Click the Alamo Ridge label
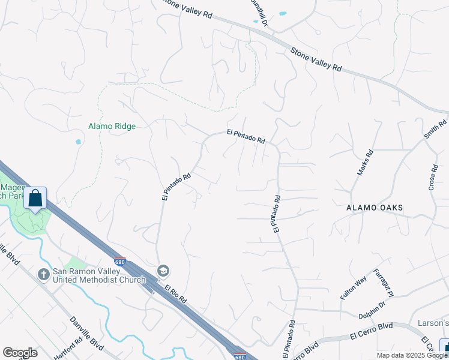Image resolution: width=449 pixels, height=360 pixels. pyautogui.click(x=112, y=126)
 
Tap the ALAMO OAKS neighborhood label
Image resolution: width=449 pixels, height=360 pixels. pyautogui.click(x=374, y=208)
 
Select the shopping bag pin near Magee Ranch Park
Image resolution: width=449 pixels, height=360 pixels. pyautogui.click(x=35, y=199)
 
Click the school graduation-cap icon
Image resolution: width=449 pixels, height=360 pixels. pyautogui.click(x=162, y=271)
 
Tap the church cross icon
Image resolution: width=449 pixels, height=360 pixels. pyautogui.click(x=43, y=275)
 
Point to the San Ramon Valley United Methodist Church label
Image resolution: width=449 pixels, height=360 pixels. pyautogui.click(x=99, y=275)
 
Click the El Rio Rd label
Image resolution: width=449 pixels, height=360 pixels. pyautogui.click(x=175, y=294)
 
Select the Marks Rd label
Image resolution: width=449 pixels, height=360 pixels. pyautogui.click(x=365, y=162)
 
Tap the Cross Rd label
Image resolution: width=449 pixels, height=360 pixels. pyautogui.click(x=433, y=178)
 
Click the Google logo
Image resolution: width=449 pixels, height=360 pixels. pyautogui.click(x=20, y=353)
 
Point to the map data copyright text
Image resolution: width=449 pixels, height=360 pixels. pyautogui.click(x=412, y=355)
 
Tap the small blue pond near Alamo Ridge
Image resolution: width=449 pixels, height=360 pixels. pyautogui.click(x=78, y=142)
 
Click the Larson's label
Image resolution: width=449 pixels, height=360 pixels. pyautogui.click(x=433, y=323)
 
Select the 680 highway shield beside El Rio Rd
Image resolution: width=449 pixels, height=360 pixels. pyautogui.click(x=119, y=261)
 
